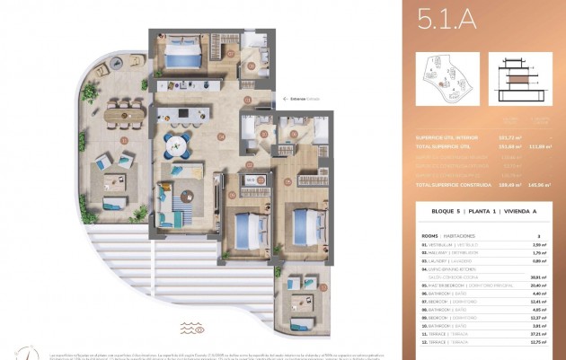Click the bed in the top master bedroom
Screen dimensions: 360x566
pyautogui.click(x=187, y=58)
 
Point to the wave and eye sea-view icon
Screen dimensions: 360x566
pyautogui.click(x=192, y=329)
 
